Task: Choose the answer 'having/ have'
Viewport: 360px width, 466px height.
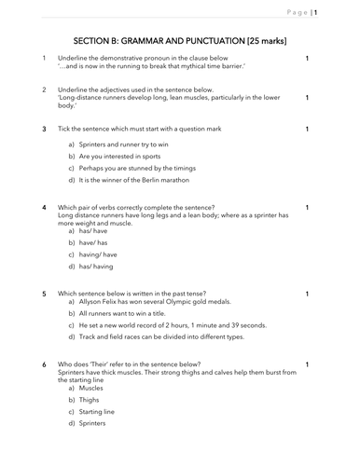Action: tap(99, 253)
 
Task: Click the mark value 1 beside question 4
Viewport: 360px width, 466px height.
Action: tap(308, 207)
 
